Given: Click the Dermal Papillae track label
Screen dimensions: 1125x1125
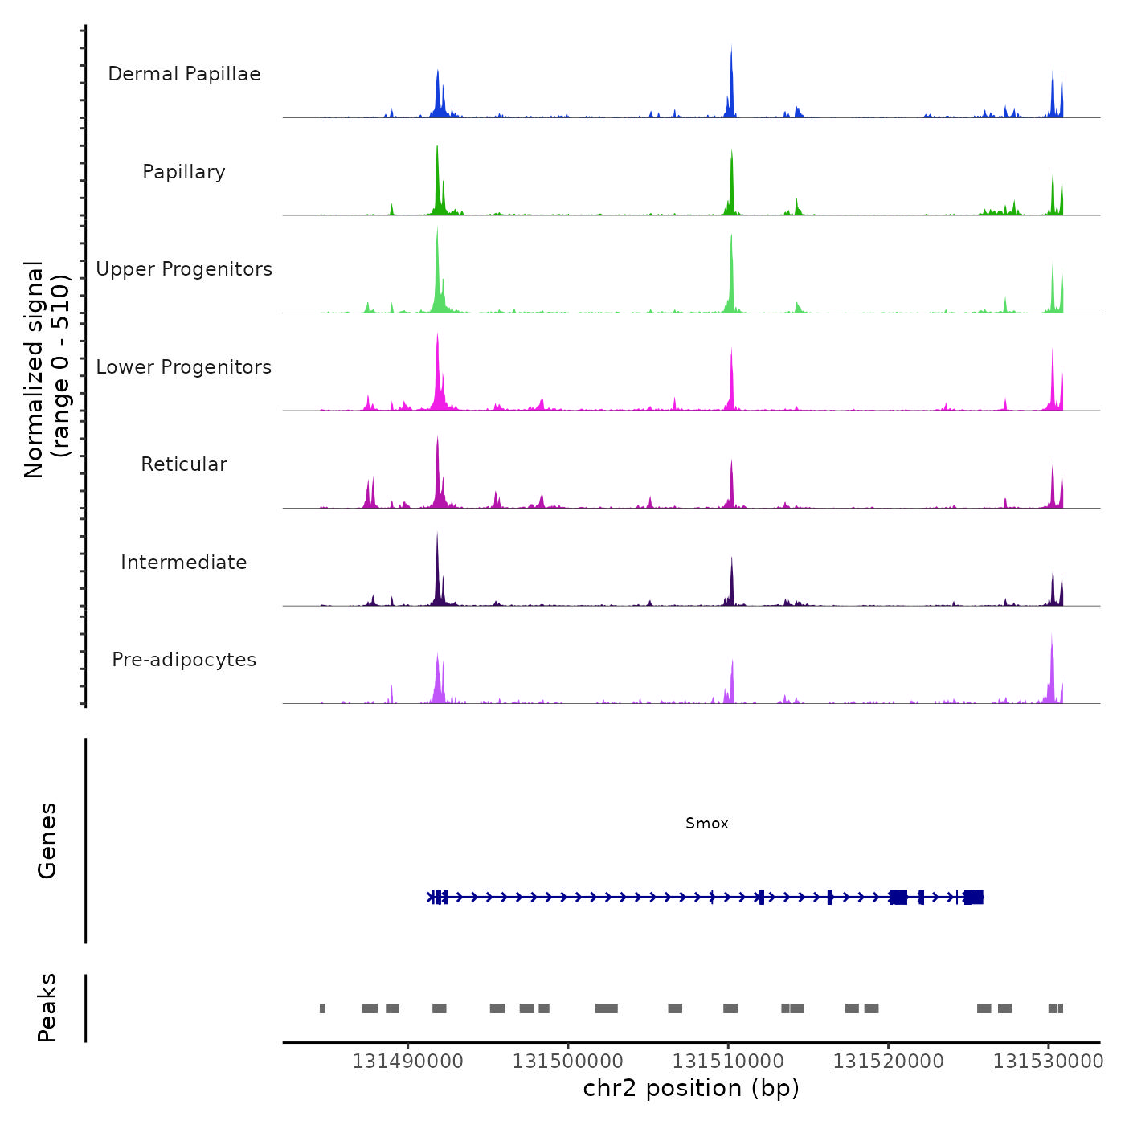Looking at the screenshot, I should (184, 74).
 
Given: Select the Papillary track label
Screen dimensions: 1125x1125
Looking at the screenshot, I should (184, 172).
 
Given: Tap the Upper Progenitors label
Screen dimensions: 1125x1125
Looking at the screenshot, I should (184, 269).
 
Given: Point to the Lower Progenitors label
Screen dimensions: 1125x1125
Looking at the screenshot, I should (184, 367).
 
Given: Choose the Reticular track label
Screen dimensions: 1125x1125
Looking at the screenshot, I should (184, 464).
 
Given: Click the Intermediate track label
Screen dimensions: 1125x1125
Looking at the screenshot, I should (184, 562).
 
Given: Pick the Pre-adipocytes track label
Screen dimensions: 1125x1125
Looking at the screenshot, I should (184, 660).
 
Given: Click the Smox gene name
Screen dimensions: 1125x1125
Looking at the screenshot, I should (707, 824).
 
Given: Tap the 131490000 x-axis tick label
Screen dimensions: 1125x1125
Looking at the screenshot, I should (408, 1062).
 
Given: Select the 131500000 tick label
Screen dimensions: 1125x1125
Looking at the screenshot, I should (568, 1062).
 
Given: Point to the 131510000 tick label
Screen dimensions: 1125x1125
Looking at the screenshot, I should (728, 1062).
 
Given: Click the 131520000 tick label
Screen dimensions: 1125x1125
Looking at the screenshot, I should (888, 1062).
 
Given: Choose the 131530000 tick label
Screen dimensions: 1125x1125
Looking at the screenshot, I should (1048, 1062).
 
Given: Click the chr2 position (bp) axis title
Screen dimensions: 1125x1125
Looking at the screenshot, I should (691, 1088).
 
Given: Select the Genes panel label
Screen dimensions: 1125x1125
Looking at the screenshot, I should (47, 841).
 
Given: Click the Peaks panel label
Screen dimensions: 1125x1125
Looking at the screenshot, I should (47, 1008).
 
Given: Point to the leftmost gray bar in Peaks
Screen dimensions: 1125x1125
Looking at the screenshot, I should (322, 1008).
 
